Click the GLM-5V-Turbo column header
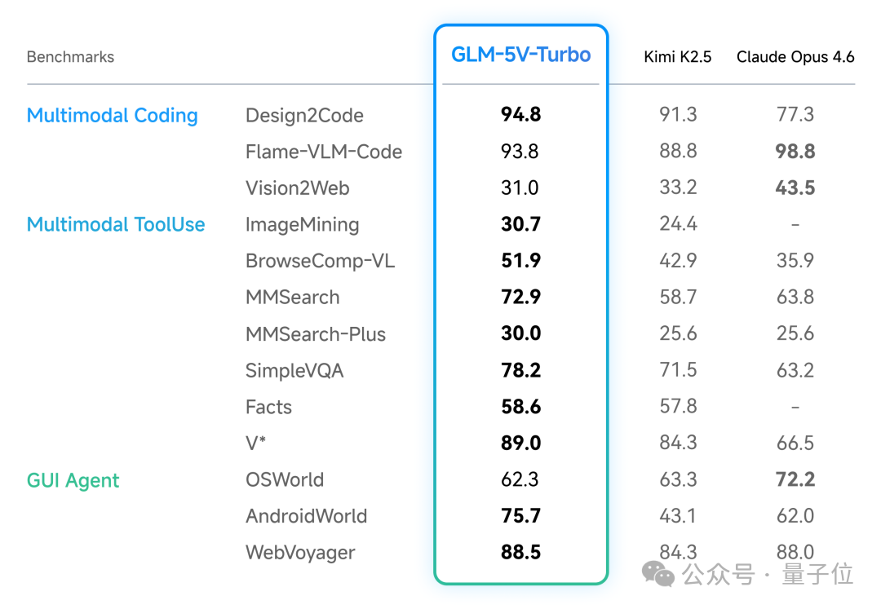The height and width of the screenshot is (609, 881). pyautogui.click(x=521, y=55)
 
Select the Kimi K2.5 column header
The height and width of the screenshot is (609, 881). pyautogui.click(x=678, y=57)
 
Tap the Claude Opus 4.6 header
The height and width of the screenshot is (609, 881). pyautogui.click(x=795, y=57)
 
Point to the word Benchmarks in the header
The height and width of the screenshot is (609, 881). pyautogui.click(x=70, y=57)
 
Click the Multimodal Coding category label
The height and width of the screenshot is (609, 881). pyautogui.click(x=113, y=116)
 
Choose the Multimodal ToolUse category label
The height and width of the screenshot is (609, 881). pyautogui.click(x=116, y=225)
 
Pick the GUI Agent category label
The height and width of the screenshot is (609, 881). pyautogui.click(x=73, y=481)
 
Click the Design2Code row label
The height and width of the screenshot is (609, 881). pyautogui.click(x=304, y=116)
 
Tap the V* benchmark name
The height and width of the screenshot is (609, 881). pyautogui.click(x=256, y=444)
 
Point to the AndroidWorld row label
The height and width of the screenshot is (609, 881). pyautogui.click(x=307, y=516)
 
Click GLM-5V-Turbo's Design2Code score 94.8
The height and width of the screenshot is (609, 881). pyautogui.click(x=521, y=115)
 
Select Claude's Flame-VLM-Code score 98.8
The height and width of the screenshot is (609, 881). pyautogui.click(x=795, y=152)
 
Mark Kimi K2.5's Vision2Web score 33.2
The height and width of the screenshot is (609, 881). pyautogui.click(x=678, y=188)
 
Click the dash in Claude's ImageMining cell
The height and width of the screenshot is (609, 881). pyautogui.click(x=795, y=225)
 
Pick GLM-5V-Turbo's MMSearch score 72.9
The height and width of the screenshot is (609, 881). pyautogui.click(x=521, y=298)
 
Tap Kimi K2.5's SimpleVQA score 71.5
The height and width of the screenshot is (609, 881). pyautogui.click(x=678, y=370)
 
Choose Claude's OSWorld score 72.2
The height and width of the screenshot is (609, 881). pyautogui.click(x=795, y=479)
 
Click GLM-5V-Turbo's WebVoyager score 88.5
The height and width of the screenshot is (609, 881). pyautogui.click(x=521, y=553)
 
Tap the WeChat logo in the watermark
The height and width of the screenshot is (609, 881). pyautogui.click(x=658, y=574)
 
